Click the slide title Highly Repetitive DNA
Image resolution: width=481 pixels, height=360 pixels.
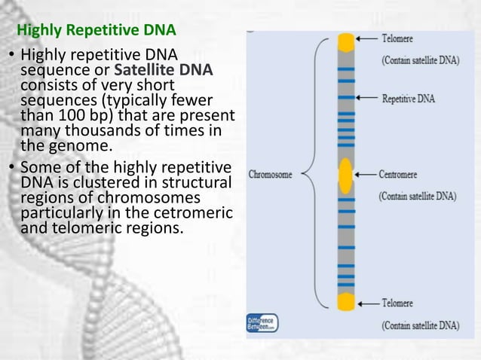click(97, 32)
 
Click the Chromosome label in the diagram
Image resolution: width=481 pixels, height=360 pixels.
click(270, 173)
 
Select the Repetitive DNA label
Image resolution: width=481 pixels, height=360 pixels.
click(409, 98)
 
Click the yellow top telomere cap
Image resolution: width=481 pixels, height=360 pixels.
click(345, 42)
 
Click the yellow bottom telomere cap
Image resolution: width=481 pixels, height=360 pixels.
click(345, 302)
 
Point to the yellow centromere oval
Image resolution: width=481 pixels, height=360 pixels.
click(345, 175)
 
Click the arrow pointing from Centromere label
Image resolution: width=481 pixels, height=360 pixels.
click(365, 175)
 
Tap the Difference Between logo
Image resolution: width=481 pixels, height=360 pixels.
click(262, 324)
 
